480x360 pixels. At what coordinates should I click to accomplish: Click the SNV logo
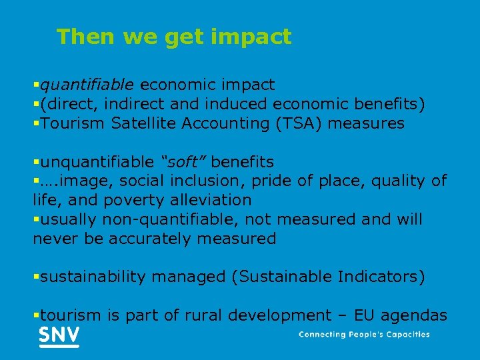pyautogui.click(x=59, y=336)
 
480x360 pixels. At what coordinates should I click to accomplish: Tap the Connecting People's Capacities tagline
pyautogui.click(x=364, y=335)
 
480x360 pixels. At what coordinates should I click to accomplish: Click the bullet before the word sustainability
pyautogui.click(x=36, y=277)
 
